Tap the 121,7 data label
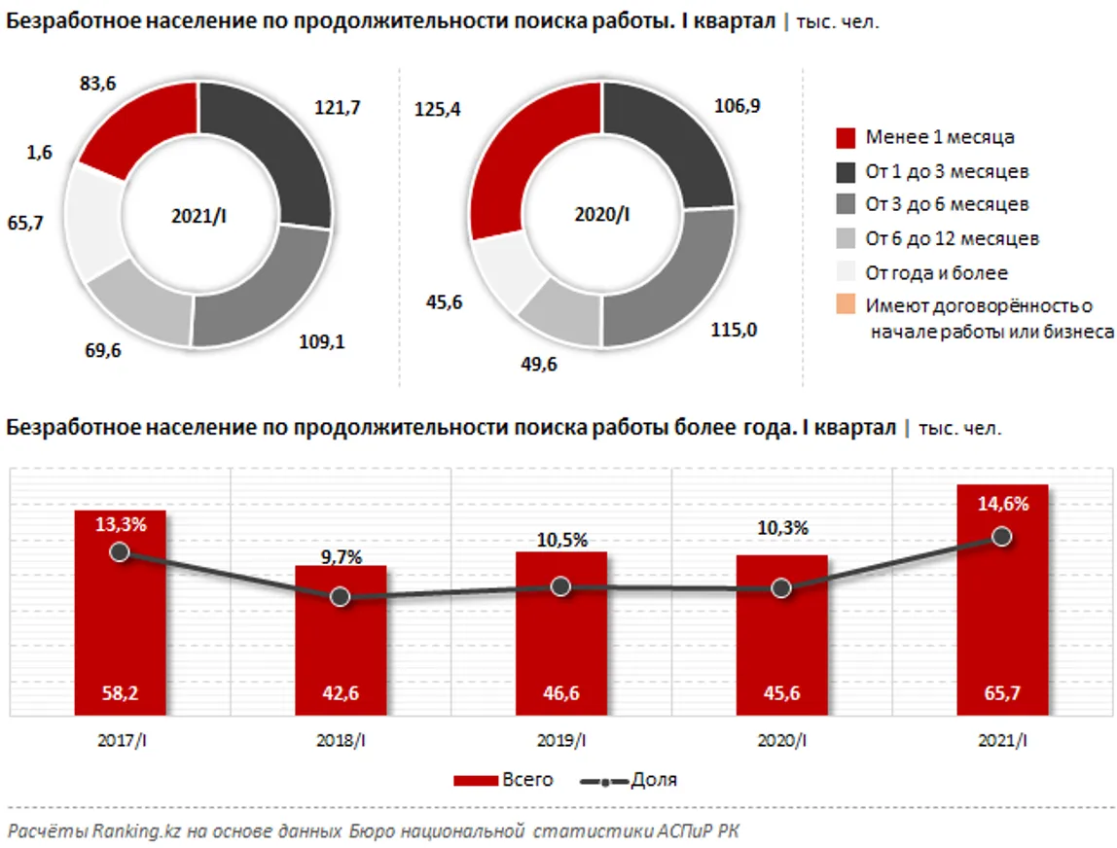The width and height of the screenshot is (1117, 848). (x=338, y=108)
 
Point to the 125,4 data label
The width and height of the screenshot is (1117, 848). (x=437, y=109)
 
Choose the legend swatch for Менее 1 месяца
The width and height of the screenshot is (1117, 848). (x=846, y=138)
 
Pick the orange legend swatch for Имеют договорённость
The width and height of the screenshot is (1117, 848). (x=846, y=306)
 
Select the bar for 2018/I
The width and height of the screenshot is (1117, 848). (x=341, y=641)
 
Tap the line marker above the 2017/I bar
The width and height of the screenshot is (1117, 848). (x=120, y=551)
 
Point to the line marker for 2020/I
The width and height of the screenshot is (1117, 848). (x=781, y=587)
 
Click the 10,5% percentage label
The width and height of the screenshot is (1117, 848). (x=561, y=541)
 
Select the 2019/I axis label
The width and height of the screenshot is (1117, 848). (x=561, y=742)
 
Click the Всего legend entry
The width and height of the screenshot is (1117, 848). (x=503, y=780)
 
